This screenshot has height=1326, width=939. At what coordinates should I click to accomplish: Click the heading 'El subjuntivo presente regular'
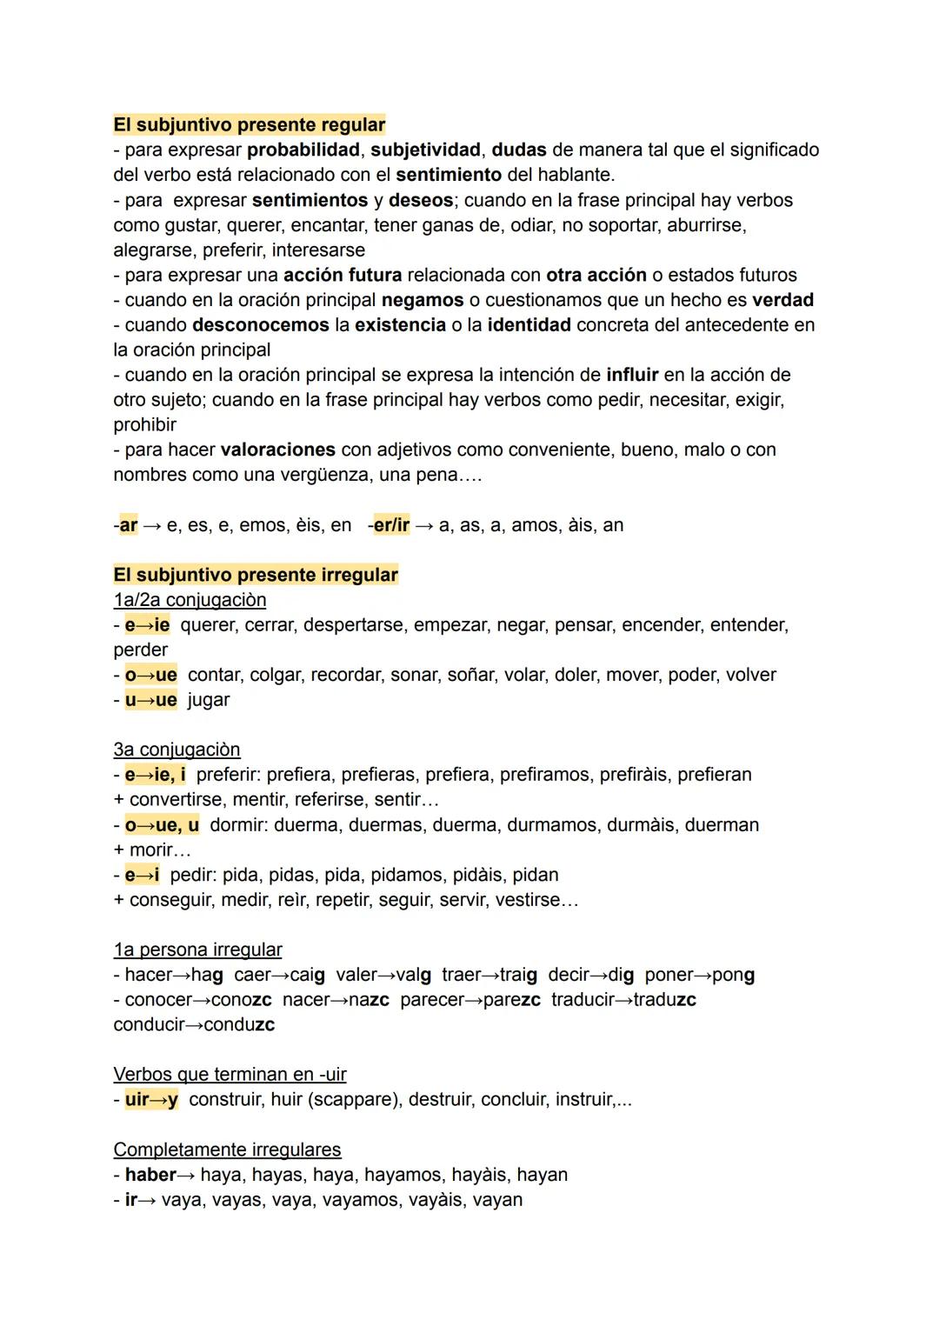coord(250,124)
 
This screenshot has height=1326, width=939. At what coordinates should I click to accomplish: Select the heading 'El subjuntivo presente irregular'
coord(256,575)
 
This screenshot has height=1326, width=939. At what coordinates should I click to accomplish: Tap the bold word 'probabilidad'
coord(303,150)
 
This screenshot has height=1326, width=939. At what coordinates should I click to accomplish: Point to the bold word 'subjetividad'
coord(425,150)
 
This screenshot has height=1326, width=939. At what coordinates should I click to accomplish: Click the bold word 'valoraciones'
coord(278,450)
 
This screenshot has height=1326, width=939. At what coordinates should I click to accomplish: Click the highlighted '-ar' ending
coord(127,525)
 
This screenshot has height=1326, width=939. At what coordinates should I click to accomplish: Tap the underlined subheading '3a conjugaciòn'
coord(176,750)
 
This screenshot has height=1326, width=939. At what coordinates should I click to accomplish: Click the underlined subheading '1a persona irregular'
coord(197,950)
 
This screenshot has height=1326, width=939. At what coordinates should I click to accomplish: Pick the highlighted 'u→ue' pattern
coord(150,700)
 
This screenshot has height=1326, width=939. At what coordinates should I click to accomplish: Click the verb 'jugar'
coord(209,700)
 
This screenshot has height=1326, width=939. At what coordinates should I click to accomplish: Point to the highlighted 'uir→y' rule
coord(151,1099)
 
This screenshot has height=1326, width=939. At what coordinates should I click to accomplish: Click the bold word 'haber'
coord(150,1175)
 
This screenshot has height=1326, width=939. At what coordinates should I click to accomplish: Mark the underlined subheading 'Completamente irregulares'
coord(227,1149)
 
